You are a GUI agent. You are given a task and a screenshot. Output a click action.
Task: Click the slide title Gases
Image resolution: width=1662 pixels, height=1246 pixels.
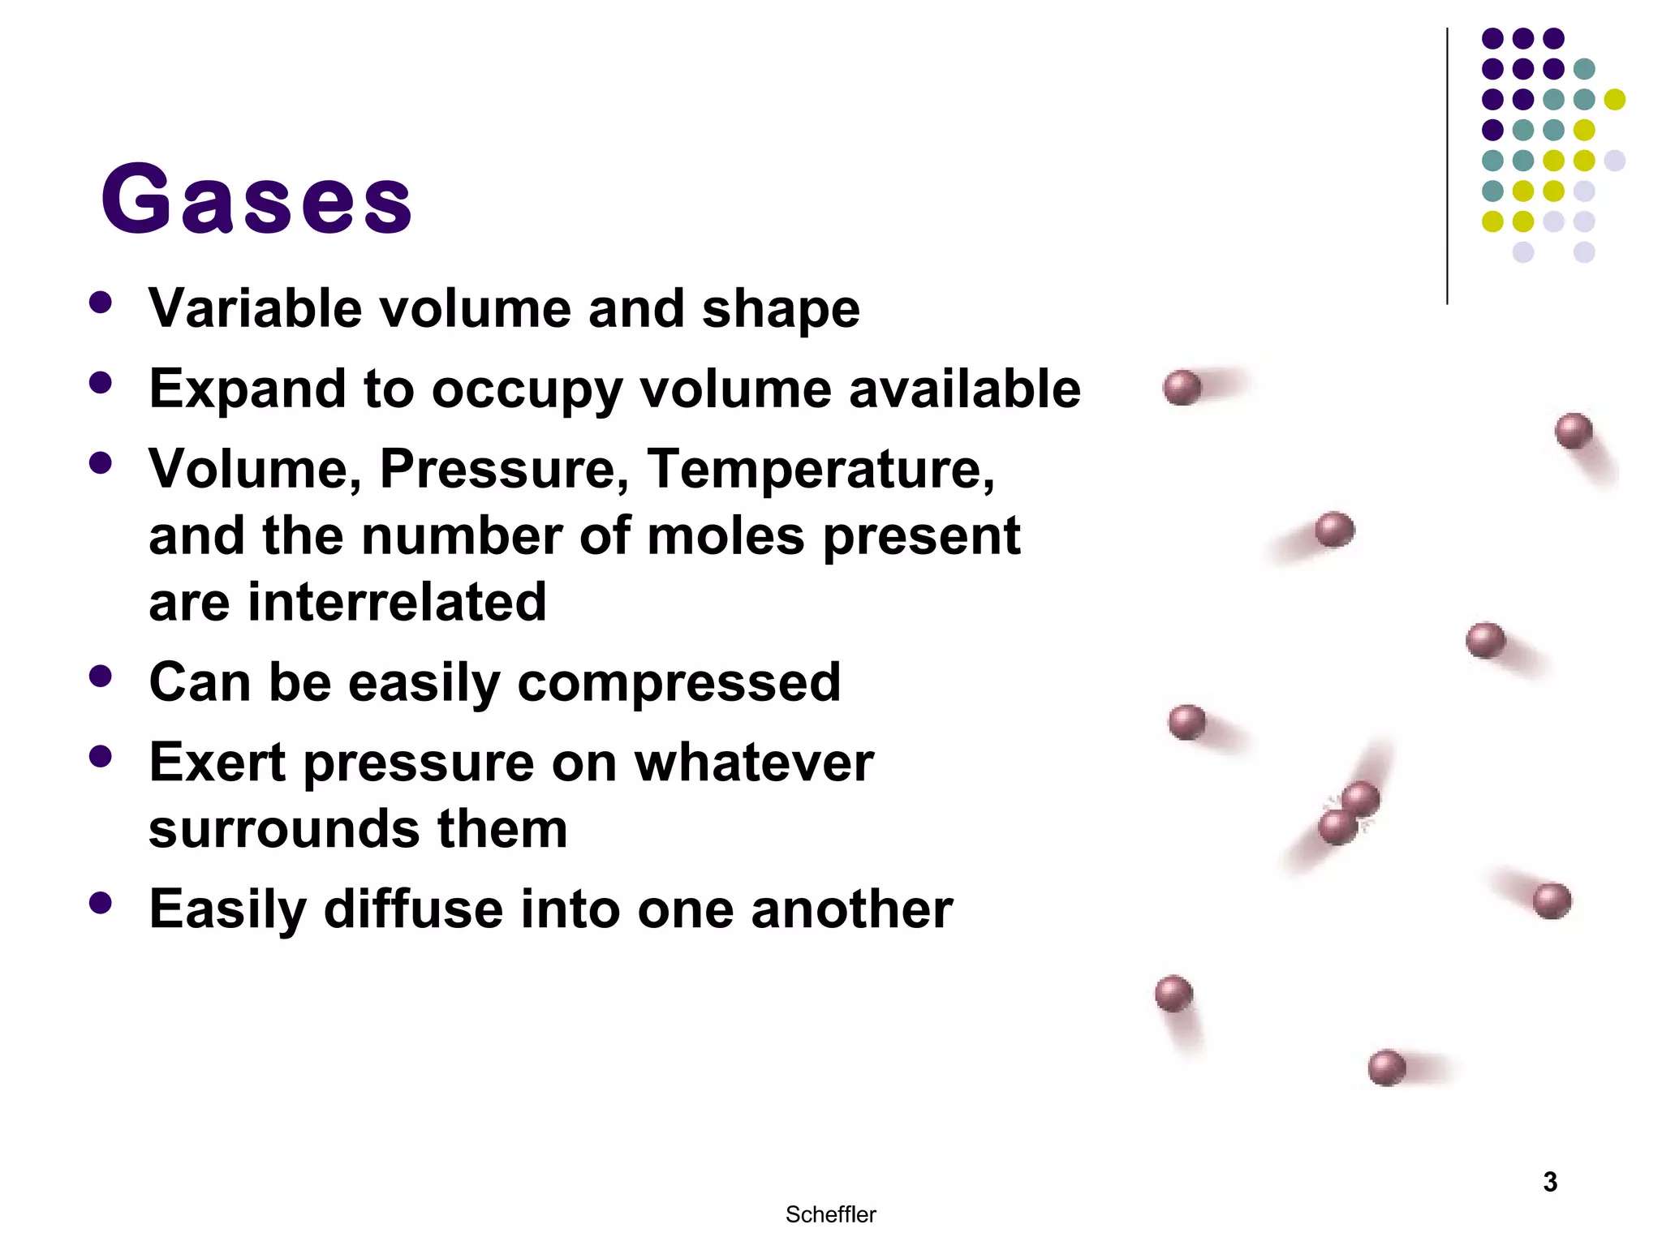coord(256,199)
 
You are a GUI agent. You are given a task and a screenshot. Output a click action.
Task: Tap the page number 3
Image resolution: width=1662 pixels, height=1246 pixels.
coord(1549,1182)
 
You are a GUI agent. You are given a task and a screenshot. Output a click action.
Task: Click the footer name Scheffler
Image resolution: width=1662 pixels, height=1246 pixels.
coord(830,1214)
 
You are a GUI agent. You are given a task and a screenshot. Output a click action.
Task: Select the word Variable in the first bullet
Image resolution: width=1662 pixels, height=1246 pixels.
coord(255,309)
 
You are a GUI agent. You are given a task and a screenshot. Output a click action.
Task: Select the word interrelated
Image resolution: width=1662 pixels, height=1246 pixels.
coord(397,602)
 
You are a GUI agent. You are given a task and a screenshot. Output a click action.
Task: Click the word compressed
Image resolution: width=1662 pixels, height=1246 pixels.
coord(678,682)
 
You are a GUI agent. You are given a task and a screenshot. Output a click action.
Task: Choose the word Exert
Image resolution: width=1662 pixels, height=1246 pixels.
coord(217,763)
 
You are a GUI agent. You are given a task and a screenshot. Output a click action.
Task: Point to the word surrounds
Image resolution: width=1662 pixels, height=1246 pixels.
coord(284,830)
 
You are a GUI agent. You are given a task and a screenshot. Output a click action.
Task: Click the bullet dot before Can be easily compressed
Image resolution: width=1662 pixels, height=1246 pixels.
coord(101,677)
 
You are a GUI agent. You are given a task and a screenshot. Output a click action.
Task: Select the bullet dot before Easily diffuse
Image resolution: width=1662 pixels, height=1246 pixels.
coord(101,903)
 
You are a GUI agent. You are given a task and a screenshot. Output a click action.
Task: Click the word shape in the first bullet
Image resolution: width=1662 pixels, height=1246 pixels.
coord(780,309)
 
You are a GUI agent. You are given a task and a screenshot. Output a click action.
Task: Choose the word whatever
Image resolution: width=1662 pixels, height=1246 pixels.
coord(754,763)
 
